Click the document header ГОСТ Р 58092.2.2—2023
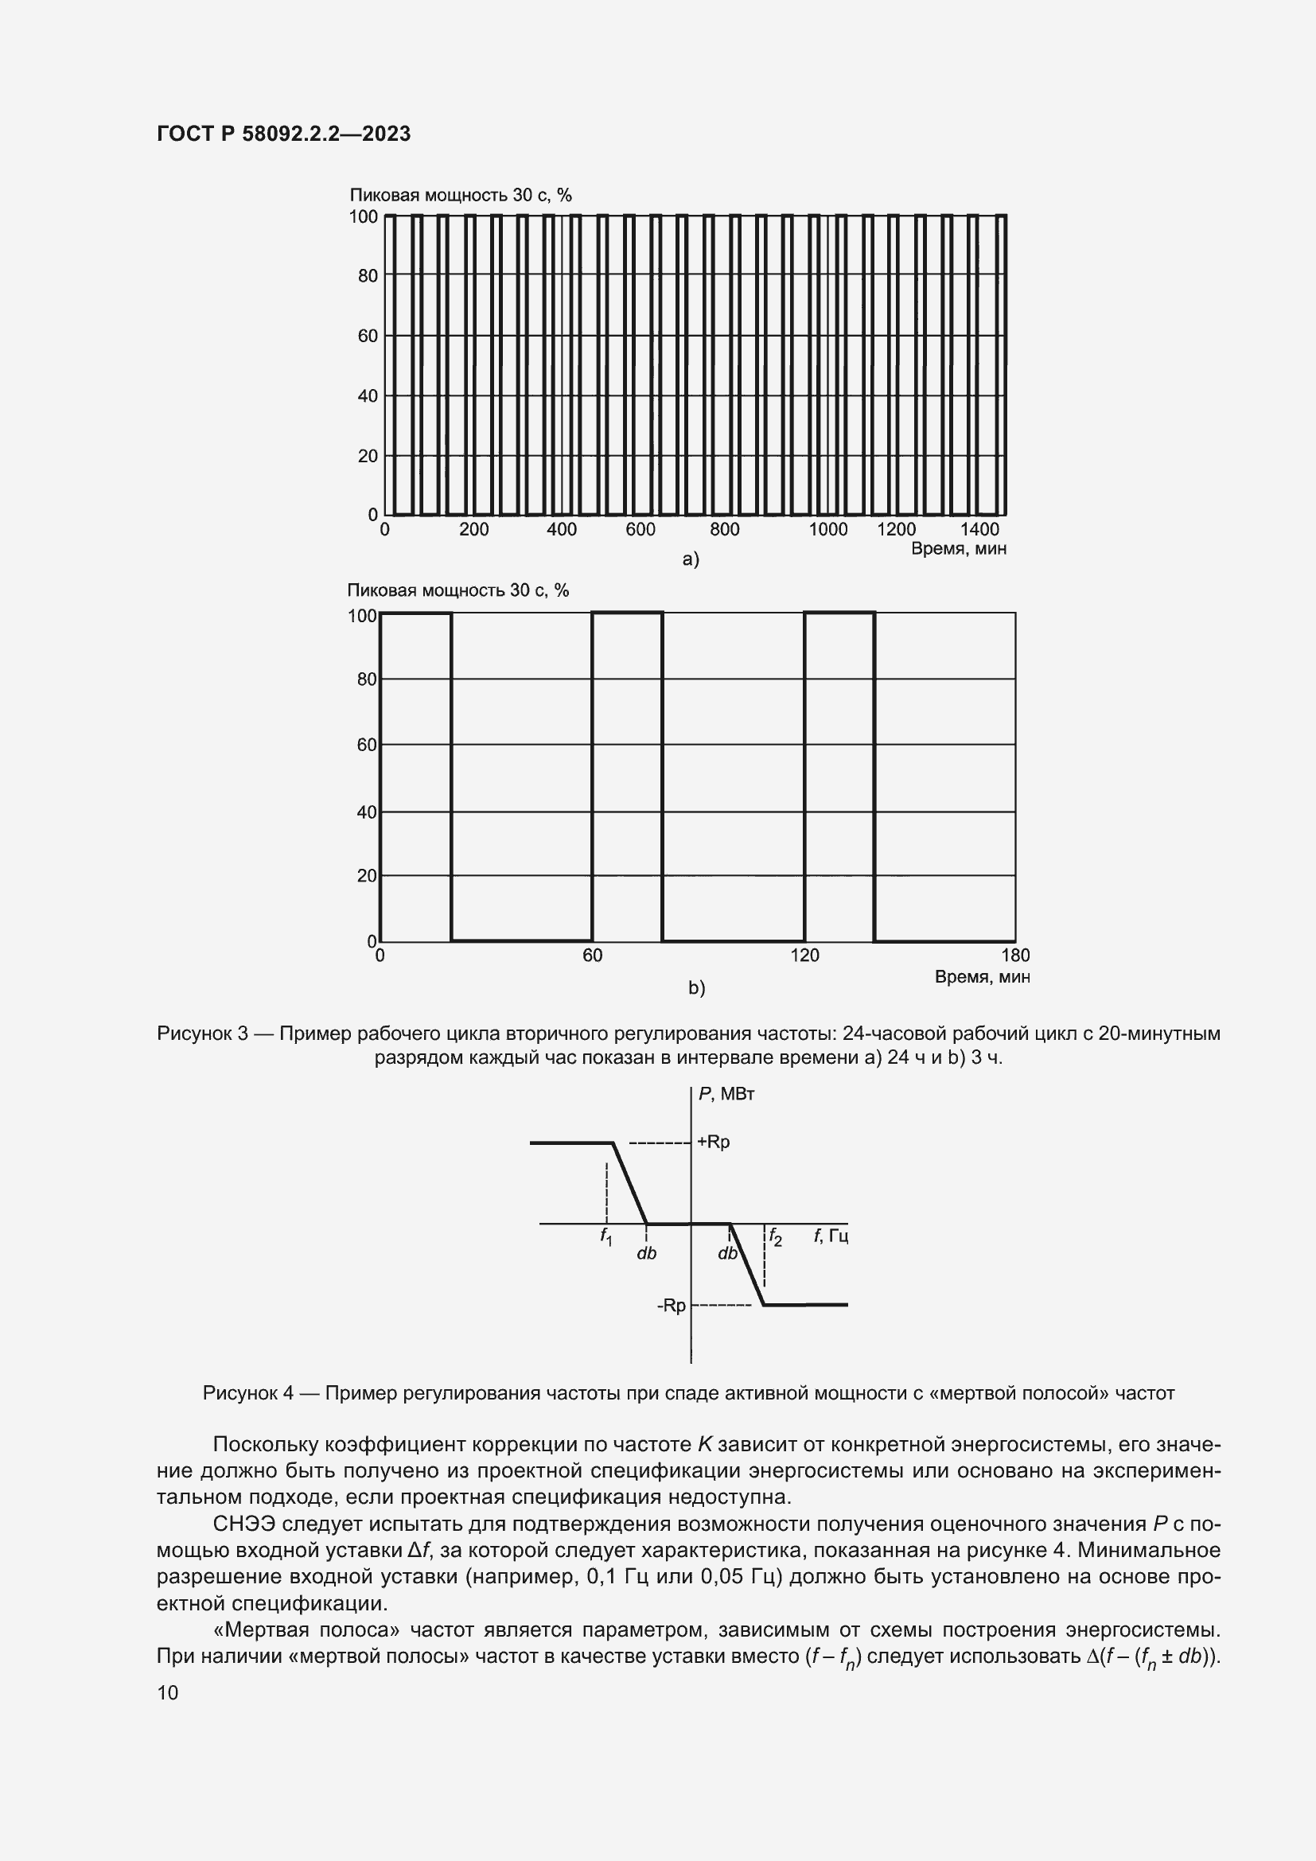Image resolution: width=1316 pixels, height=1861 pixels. (283, 134)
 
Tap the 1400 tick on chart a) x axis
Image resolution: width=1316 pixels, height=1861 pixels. (979, 529)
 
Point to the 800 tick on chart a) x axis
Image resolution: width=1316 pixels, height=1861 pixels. (725, 529)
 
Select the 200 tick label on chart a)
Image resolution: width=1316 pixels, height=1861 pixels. (473, 529)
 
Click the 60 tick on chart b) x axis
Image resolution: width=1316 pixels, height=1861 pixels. (593, 955)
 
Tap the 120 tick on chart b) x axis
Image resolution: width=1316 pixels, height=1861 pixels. (804, 955)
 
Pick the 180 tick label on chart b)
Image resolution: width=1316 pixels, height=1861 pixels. (1015, 955)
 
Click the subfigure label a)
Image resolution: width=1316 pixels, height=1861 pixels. (691, 559)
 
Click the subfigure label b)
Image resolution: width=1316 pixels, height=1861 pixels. (697, 988)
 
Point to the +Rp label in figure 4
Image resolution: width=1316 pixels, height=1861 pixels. (713, 1142)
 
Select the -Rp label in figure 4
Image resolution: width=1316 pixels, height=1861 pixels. (671, 1305)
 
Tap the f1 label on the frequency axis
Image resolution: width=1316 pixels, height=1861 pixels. (606, 1237)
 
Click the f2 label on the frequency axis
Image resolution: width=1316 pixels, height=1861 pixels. (775, 1237)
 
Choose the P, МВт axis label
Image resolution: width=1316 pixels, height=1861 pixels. (726, 1094)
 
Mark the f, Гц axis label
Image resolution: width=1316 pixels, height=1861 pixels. (831, 1236)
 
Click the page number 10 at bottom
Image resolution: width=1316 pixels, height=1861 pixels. (168, 1692)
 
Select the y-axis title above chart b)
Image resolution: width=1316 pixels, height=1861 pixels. (457, 590)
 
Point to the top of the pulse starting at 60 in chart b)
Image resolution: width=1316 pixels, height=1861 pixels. (627, 613)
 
